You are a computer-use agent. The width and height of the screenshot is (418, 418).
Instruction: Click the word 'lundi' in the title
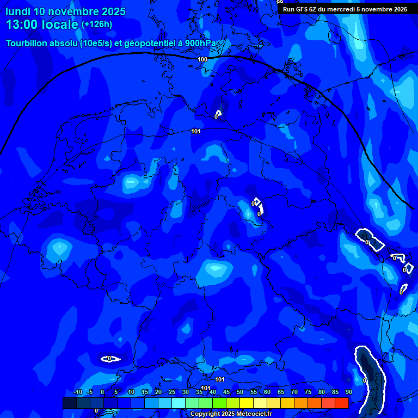coord(18,11)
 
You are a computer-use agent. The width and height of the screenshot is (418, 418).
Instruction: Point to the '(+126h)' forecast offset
coord(97,24)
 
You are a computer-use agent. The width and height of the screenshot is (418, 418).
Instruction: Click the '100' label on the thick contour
coord(202,59)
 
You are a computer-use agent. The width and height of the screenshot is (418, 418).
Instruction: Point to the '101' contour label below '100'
coord(196,131)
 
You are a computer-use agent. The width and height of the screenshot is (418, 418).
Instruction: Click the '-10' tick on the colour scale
coord(77,392)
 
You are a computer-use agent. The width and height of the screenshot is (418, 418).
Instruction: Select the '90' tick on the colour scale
coord(348,392)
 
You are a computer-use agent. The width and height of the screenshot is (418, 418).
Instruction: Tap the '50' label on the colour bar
coord(240,392)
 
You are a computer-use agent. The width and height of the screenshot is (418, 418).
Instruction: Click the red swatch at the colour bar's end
coord(341,403)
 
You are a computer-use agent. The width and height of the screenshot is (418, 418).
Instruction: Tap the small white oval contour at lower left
coord(110,359)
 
